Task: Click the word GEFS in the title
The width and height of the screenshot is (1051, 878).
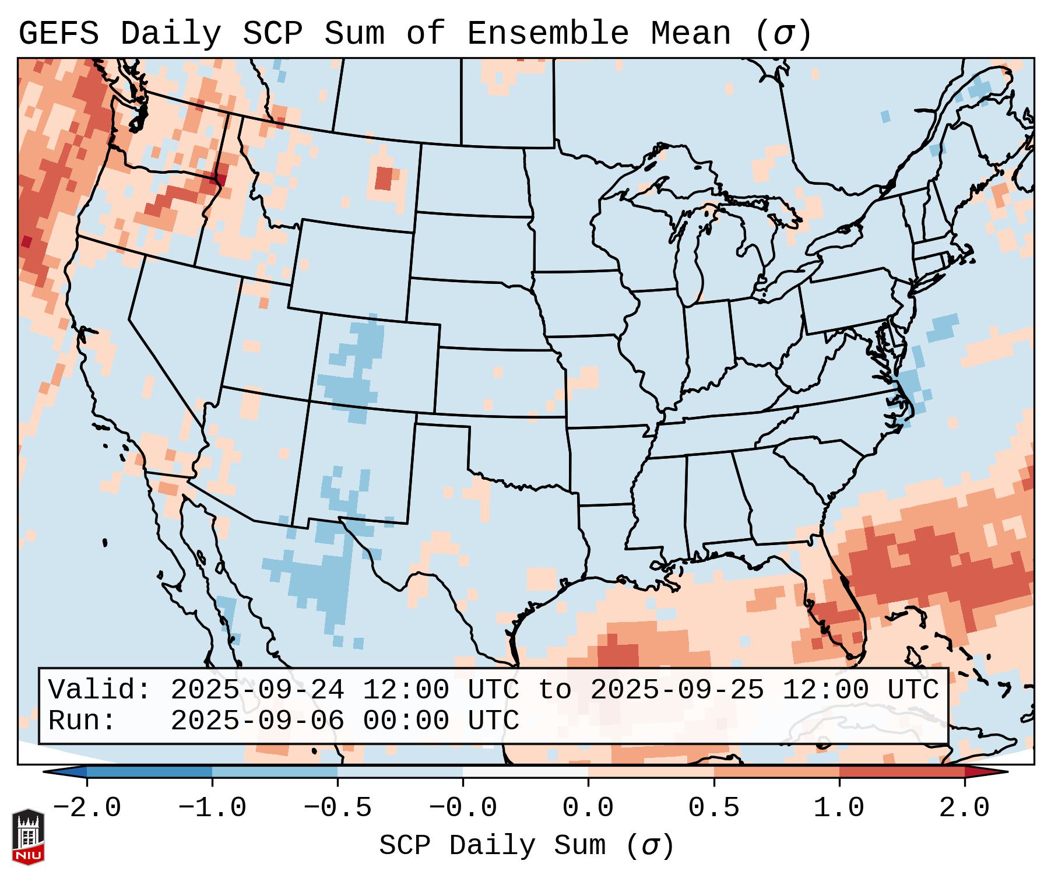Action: (58, 34)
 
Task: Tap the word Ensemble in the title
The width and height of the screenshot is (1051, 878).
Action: (548, 34)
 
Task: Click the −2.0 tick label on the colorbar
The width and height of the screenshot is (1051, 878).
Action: (87, 808)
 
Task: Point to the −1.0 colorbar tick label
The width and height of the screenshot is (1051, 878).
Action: (212, 808)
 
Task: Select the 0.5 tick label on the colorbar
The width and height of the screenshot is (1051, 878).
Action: (713, 808)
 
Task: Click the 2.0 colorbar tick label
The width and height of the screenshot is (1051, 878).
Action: (964, 808)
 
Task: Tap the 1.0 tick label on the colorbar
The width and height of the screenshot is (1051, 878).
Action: (839, 808)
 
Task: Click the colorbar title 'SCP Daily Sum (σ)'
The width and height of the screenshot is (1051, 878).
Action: (526, 846)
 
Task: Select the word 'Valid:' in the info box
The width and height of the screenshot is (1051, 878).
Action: (100, 690)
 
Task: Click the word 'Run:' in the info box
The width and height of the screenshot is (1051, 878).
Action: (82, 721)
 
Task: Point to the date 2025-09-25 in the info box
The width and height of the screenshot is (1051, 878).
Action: (677, 690)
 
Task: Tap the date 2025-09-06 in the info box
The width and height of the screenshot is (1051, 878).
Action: (257, 721)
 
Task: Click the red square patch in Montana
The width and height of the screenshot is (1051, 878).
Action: (384, 178)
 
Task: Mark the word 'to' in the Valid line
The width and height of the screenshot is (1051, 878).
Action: (554, 690)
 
